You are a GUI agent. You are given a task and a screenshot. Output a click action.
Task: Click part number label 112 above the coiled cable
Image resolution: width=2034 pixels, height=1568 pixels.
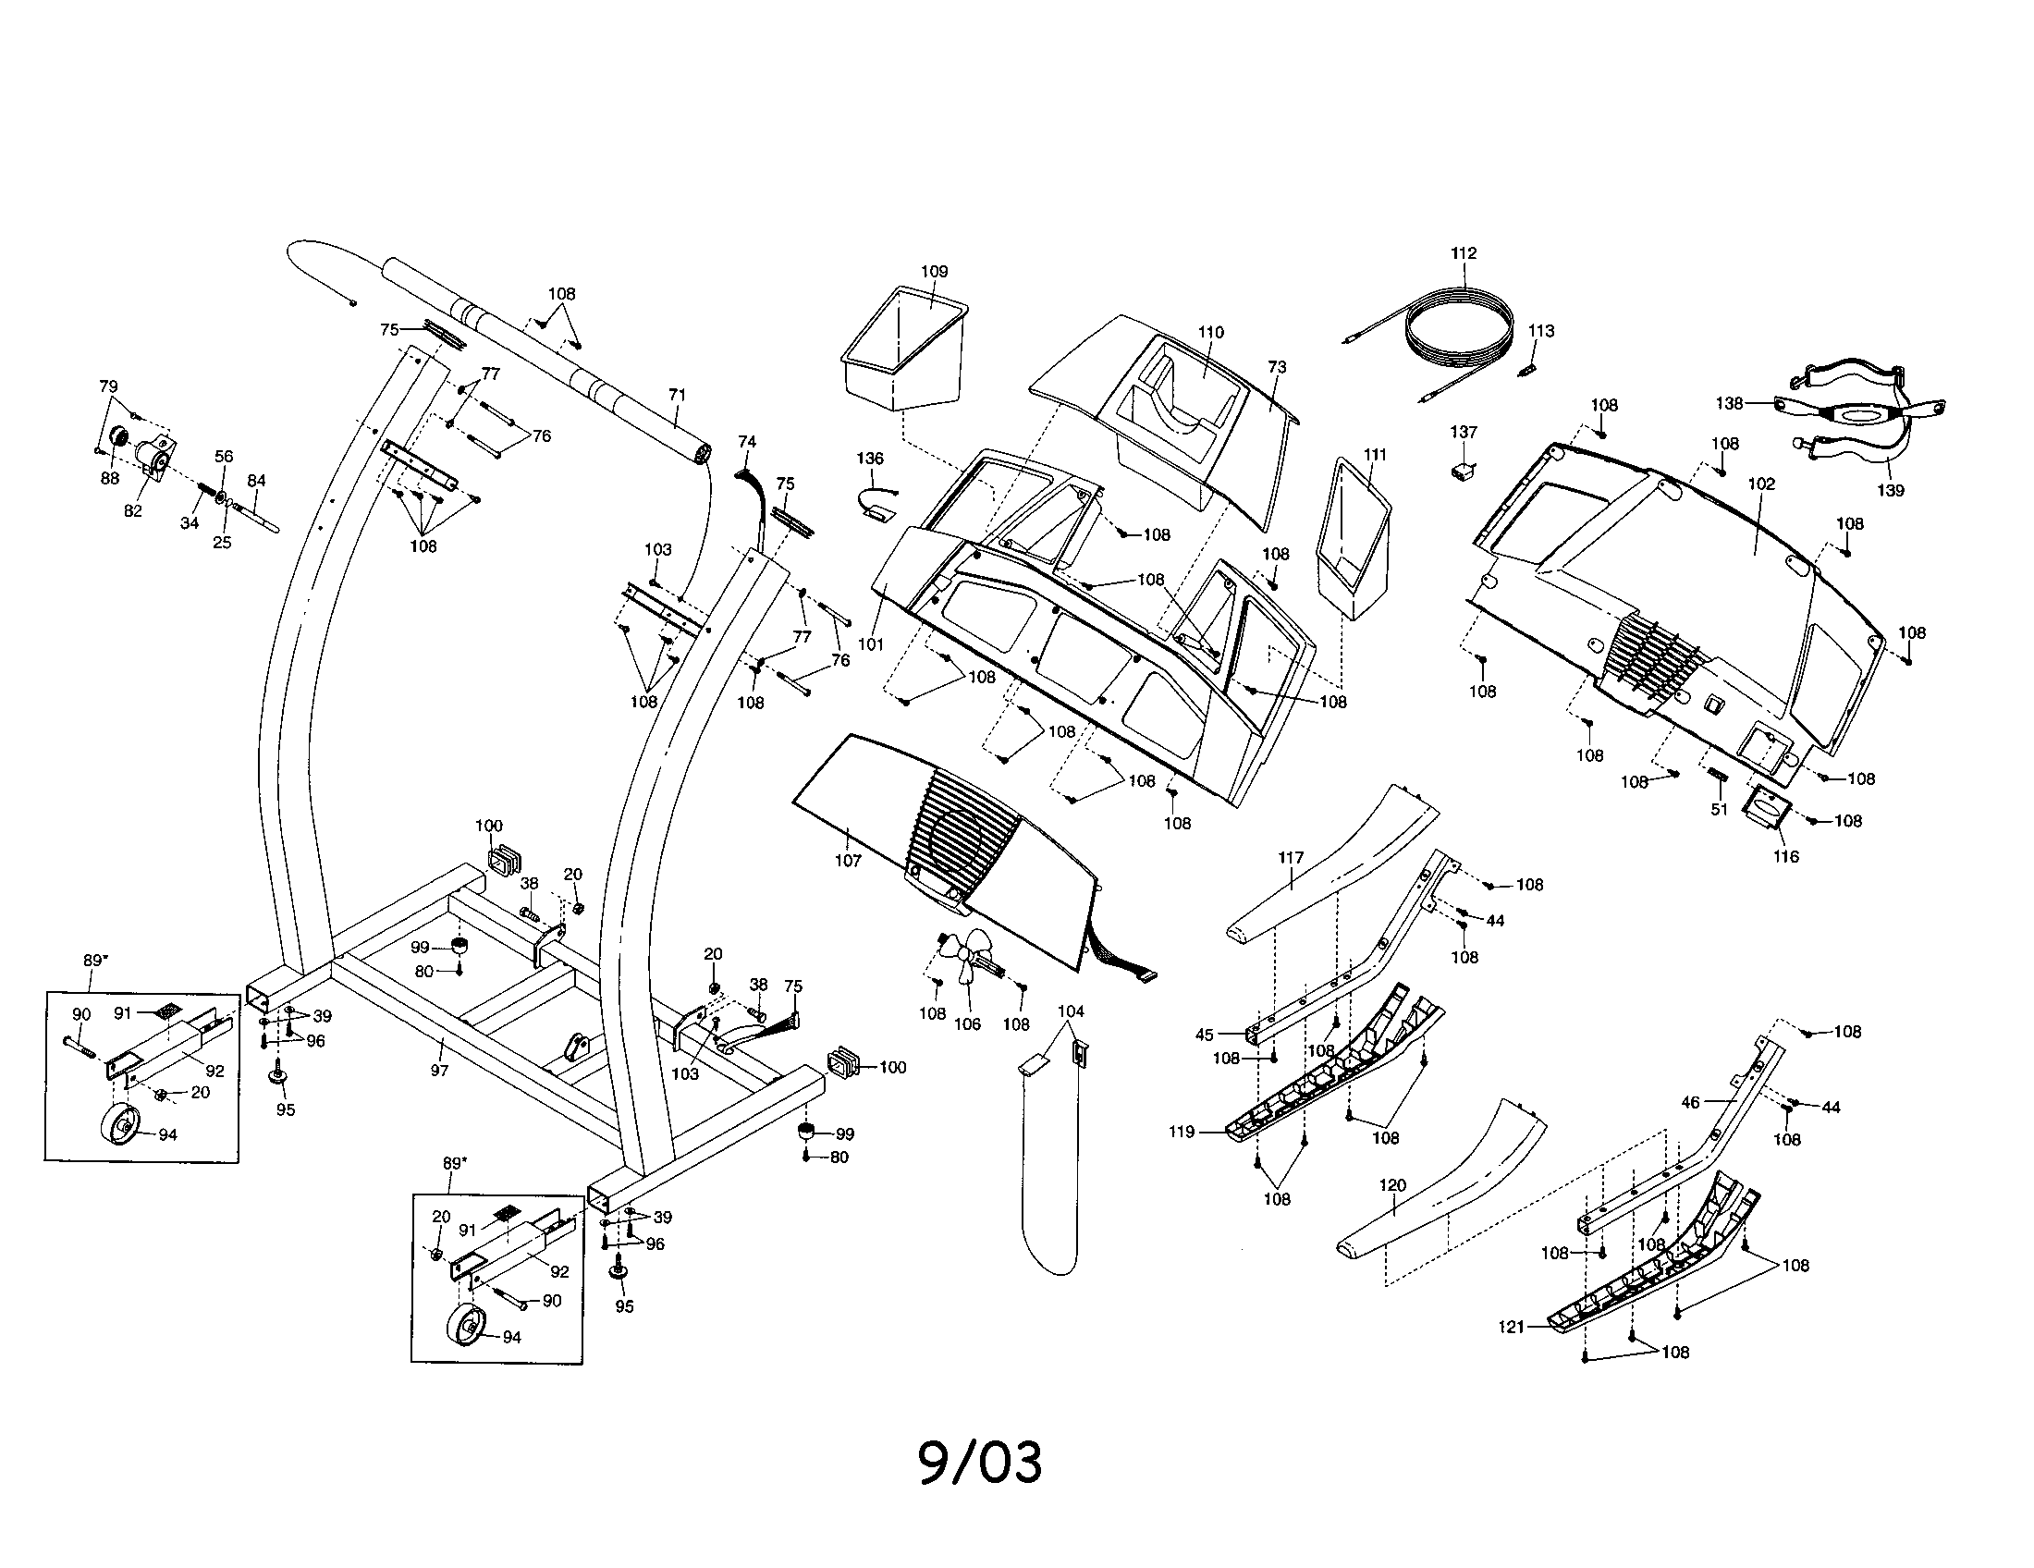(1464, 253)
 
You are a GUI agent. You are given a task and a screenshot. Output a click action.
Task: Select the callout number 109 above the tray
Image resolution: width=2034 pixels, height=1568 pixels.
(934, 272)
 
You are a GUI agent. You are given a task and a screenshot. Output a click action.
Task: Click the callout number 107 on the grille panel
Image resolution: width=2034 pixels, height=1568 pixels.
(848, 861)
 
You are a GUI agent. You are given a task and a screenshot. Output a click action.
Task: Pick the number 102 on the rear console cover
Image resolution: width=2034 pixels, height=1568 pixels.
(1761, 484)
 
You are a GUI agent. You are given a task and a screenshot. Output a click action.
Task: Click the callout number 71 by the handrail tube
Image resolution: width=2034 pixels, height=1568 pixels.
(677, 395)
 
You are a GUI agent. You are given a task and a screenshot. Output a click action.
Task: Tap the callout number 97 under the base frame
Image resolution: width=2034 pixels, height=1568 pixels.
(439, 1071)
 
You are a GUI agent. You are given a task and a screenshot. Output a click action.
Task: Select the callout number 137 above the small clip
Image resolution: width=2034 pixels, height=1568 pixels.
(1464, 432)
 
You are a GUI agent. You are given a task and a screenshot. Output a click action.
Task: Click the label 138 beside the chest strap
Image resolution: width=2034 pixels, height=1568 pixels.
(1730, 404)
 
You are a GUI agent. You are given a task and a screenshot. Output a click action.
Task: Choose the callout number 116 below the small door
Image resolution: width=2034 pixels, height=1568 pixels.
(1786, 857)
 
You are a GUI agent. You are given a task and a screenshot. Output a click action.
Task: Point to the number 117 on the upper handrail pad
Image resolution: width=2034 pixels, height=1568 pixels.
(1291, 858)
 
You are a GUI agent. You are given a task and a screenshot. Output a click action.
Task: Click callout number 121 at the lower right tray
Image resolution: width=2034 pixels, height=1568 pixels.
(1512, 1327)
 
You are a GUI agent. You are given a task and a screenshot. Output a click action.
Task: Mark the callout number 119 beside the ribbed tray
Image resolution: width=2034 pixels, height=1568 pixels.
(1182, 1133)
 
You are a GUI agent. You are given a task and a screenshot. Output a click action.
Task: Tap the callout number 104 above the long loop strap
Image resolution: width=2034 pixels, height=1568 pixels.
(1071, 1011)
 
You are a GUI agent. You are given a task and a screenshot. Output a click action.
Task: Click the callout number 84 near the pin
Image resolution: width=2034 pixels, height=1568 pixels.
(256, 481)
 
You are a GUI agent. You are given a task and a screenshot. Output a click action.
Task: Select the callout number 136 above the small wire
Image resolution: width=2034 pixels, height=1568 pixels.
(870, 459)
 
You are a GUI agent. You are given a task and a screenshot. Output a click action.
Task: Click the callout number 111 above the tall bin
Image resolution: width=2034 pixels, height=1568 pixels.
(1375, 454)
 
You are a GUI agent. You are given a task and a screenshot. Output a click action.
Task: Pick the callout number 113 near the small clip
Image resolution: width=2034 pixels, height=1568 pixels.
(1541, 331)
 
